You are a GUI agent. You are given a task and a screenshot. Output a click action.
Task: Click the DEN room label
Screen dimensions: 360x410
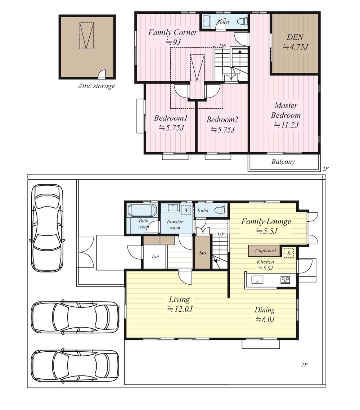pos(295,37)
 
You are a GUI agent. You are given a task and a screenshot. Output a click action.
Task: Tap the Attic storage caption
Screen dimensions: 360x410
pos(96,86)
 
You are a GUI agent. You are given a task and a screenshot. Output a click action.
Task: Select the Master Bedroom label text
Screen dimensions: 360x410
pos(286,110)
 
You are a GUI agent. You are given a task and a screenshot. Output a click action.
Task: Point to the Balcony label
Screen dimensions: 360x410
pos(283,161)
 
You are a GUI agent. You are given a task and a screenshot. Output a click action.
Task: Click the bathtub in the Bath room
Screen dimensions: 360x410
pos(142,211)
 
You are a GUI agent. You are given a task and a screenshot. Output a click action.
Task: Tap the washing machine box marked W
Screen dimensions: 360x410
pos(186,210)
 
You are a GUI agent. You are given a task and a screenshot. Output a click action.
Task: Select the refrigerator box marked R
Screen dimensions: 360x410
pos(289,253)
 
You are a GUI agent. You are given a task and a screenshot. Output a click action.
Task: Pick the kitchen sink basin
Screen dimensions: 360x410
pos(257,280)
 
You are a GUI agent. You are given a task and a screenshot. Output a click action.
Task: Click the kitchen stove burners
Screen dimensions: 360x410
pos(285,280)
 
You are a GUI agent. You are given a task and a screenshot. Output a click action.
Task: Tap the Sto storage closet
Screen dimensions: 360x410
pos(203,252)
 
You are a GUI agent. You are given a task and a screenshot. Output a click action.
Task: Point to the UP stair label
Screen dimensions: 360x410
pos(221,234)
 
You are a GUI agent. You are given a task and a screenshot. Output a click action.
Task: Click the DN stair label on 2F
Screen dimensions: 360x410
pos(223,46)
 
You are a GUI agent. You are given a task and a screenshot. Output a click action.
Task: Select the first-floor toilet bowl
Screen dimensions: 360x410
pos(219,210)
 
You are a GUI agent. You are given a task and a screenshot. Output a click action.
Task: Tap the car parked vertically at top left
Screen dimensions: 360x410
pos(47,228)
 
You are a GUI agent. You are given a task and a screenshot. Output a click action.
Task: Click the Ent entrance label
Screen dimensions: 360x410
pos(155,257)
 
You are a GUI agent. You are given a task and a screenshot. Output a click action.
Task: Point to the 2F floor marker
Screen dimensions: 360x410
pos(325,169)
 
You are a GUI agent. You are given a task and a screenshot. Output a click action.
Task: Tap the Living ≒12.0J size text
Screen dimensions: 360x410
pos(180,309)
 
